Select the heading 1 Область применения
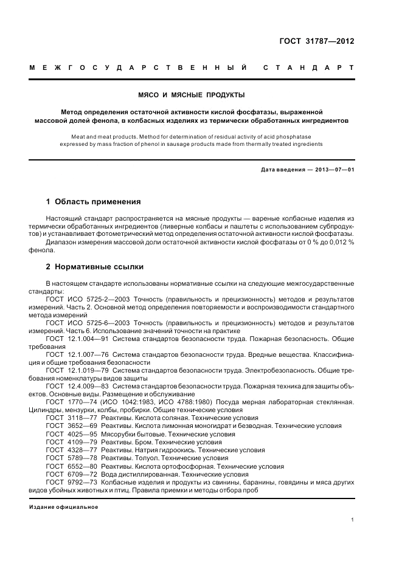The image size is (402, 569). point(94,201)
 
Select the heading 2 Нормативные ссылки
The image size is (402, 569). point(95,266)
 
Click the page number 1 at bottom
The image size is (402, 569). point(353,519)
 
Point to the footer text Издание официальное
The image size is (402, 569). point(63,507)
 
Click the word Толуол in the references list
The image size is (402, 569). point(139,458)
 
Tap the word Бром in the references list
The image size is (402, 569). point(136,442)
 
